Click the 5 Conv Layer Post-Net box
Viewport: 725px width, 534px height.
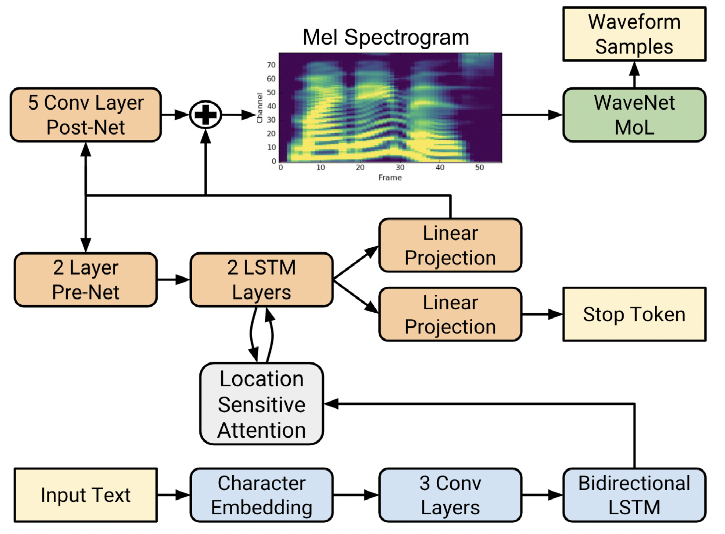tap(86, 115)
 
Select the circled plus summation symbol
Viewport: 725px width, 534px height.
tap(206, 115)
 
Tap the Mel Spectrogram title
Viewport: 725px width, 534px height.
tap(386, 37)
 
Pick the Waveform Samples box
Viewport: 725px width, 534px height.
tap(634, 34)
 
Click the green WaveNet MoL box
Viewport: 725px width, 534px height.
tap(634, 115)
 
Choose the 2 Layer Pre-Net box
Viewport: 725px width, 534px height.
tap(86, 280)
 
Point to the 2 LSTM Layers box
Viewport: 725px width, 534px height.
tap(262, 280)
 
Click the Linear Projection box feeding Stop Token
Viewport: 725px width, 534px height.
tap(450, 314)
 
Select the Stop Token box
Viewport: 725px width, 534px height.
tap(634, 314)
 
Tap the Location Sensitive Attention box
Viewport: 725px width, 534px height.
tap(262, 404)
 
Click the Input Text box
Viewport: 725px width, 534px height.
tap(86, 495)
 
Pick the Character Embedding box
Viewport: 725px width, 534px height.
tap(262, 495)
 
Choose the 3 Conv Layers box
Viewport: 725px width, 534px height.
tap(450, 495)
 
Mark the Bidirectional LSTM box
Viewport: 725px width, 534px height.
tap(634, 495)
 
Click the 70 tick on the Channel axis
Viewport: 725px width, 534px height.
tap(271, 65)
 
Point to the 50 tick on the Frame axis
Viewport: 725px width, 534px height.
tap(479, 168)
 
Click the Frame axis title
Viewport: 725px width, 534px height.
tap(390, 178)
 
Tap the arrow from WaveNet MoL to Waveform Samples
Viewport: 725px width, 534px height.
tap(634, 75)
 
